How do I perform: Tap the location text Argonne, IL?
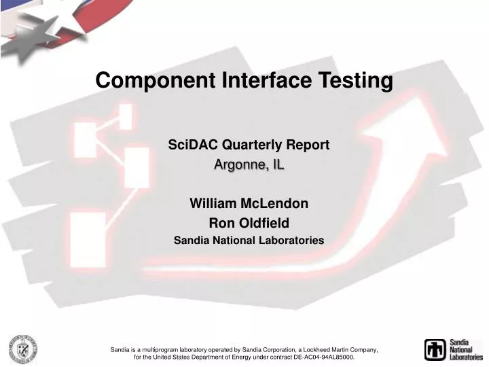(249, 164)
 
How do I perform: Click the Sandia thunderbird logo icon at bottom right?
(435, 349)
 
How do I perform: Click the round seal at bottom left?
(22, 349)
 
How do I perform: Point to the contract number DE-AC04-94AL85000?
(316, 357)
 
